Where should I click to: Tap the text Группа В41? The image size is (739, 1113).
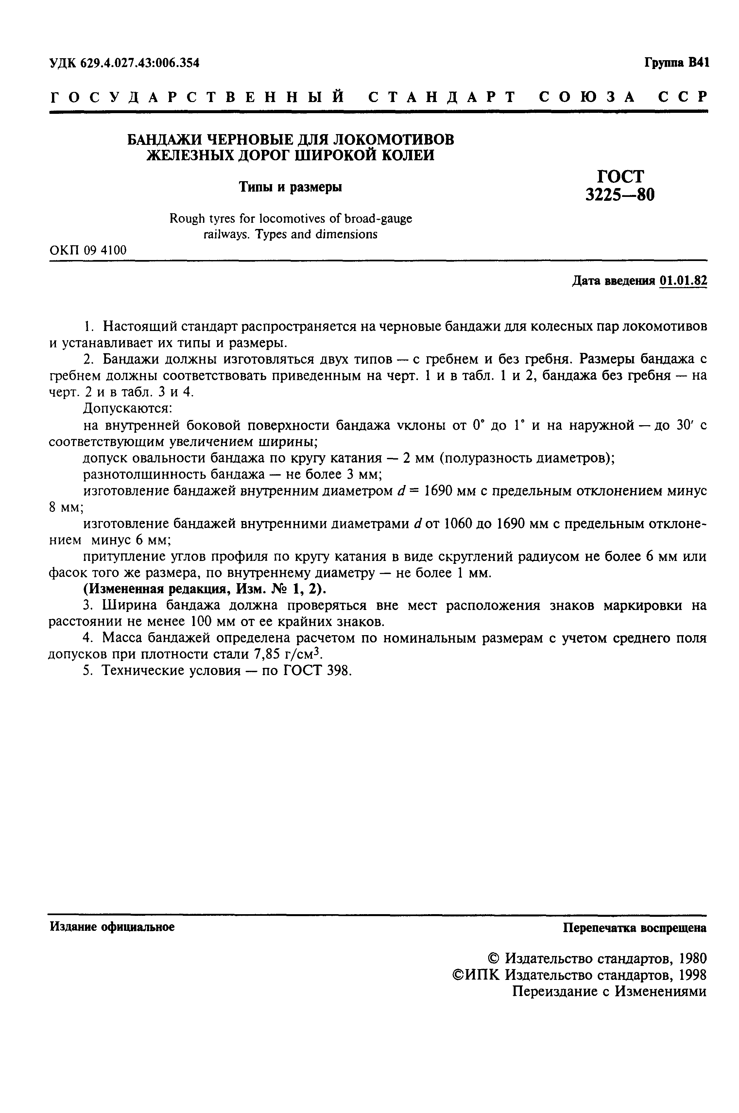676,63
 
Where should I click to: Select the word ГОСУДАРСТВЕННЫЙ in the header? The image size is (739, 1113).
197,97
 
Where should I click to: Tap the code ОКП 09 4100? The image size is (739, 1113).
88,250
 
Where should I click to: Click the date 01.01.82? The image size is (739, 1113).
683,281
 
